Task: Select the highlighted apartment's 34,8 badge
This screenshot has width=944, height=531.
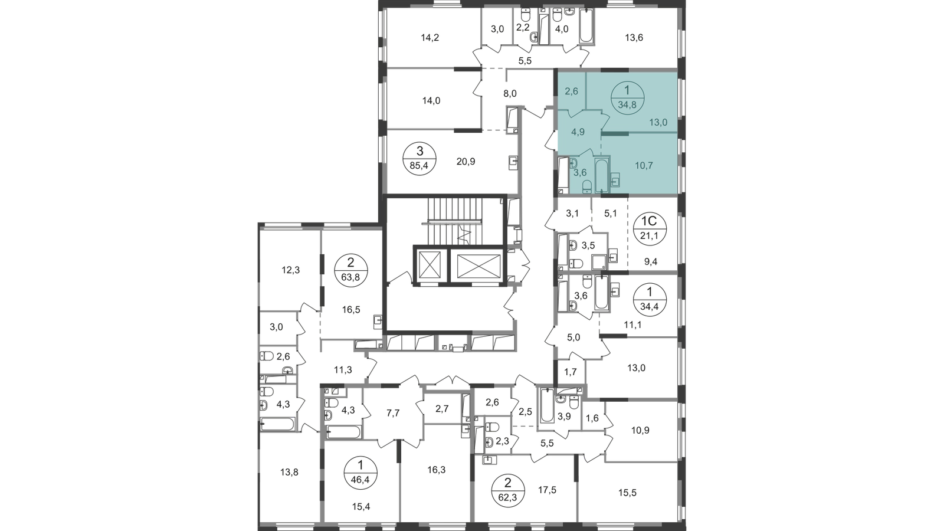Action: [627, 98]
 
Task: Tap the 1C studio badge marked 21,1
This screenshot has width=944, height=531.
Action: [649, 228]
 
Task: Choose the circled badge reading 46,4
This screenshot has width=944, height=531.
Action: [360, 473]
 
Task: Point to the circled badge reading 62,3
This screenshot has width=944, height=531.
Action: [508, 490]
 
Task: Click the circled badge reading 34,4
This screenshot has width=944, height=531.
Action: [650, 299]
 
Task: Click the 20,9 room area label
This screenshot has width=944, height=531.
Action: [466, 162]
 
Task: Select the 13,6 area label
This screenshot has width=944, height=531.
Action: [634, 38]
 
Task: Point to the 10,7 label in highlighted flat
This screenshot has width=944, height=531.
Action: [644, 166]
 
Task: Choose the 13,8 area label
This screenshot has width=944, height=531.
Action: [289, 473]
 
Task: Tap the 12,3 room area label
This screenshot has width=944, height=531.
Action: [290, 270]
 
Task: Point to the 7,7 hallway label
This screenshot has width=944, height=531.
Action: [393, 414]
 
